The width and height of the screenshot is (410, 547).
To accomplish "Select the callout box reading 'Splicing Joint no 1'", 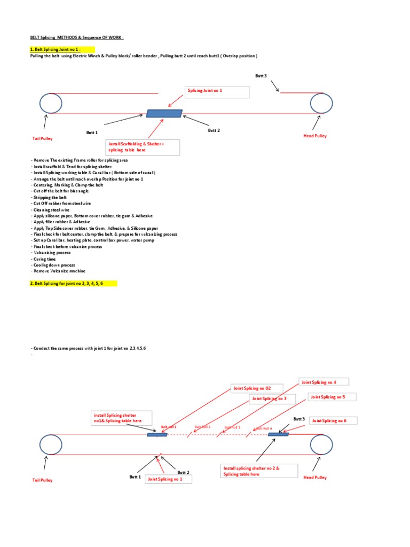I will click(x=217, y=91).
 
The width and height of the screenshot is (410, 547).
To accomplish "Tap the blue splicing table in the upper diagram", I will click(x=164, y=113).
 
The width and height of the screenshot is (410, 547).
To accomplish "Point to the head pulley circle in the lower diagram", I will click(x=321, y=445).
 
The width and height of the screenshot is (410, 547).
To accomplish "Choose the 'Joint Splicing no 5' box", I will click(x=332, y=397).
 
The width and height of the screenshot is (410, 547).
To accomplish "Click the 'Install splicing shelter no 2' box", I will click(x=254, y=471).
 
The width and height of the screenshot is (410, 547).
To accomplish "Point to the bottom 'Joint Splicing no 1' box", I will click(x=168, y=479).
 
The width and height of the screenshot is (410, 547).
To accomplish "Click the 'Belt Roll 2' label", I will click(x=202, y=427).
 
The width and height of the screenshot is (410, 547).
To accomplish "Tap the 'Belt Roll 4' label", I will click(x=264, y=428).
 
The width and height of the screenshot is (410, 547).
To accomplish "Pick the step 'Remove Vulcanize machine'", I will click(x=59, y=271).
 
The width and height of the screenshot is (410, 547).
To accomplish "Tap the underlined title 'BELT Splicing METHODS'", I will click(x=76, y=38).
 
